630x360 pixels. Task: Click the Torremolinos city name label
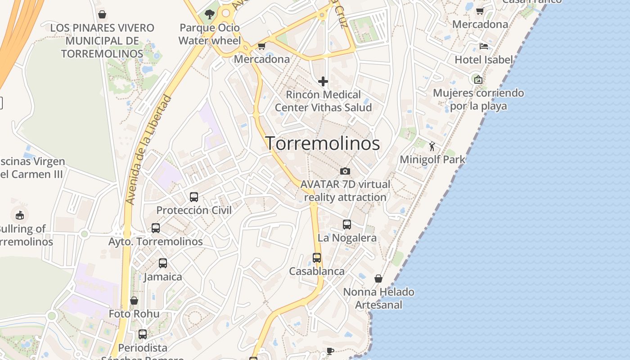[322, 144]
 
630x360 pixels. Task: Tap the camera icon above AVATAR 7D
[345, 171]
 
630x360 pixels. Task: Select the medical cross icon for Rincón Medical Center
[323, 81]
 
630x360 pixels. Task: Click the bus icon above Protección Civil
[194, 197]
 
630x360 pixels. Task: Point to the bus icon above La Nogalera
[347, 224]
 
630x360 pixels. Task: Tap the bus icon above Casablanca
[317, 258]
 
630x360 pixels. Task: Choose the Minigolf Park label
[432, 159]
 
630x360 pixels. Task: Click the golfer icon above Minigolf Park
[432, 146]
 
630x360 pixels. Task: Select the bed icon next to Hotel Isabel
[484, 46]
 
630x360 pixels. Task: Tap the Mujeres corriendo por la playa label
[478, 99]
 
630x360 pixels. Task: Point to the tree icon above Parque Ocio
[209, 14]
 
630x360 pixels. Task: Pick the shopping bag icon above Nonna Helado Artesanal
[378, 279]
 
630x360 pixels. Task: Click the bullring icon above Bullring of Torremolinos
[19, 215]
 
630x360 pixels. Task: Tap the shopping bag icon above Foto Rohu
[134, 301]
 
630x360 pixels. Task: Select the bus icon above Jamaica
[163, 263]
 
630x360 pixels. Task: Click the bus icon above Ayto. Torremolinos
[156, 228]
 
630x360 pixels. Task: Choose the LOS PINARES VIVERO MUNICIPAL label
[102, 40]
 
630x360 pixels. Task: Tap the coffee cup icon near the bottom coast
[330, 351]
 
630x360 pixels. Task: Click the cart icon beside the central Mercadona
[261, 46]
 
